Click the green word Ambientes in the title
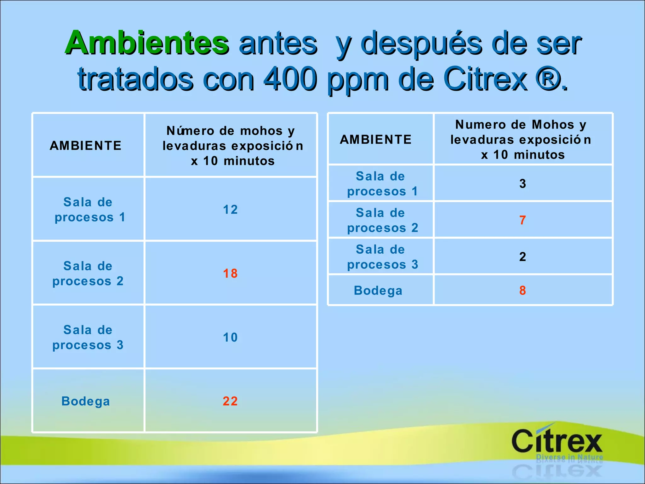click(x=146, y=43)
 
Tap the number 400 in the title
click(x=290, y=79)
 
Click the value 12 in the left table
click(x=230, y=210)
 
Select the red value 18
click(x=230, y=273)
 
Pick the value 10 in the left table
click(x=230, y=337)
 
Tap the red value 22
click(x=230, y=401)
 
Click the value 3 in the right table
click(x=522, y=183)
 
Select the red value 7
click(x=522, y=220)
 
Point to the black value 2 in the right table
click(x=522, y=256)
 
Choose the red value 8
click(x=522, y=290)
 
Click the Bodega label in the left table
click(x=86, y=401)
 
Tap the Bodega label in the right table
click(x=378, y=290)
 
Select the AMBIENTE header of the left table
click(x=86, y=146)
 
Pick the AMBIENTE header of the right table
click(x=376, y=139)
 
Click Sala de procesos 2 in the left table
click(x=88, y=273)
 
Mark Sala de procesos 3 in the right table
click(x=382, y=256)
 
